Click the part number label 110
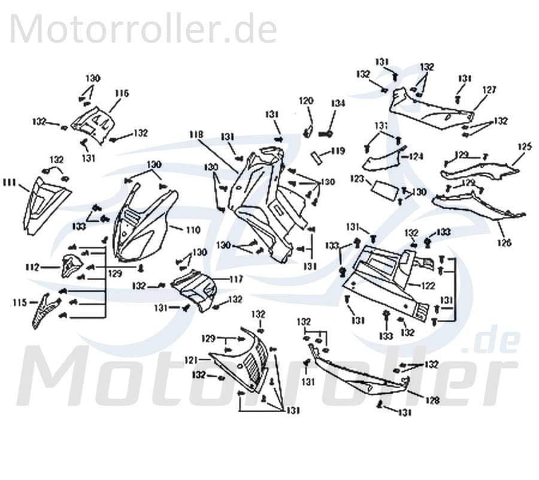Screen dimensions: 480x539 (x=193, y=229)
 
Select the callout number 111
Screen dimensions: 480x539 (x=9, y=181)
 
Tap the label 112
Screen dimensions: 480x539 (x=32, y=266)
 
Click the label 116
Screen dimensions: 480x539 (x=122, y=93)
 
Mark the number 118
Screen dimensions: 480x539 (x=197, y=134)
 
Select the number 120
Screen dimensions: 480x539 (x=306, y=101)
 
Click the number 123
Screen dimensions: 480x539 (x=357, y=178)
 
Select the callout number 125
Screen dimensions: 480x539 (x=524, y=146)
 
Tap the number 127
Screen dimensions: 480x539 (x=489, y=90)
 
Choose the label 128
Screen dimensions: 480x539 (x=432, y=400)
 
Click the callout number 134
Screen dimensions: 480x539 (x=338, y=103)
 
